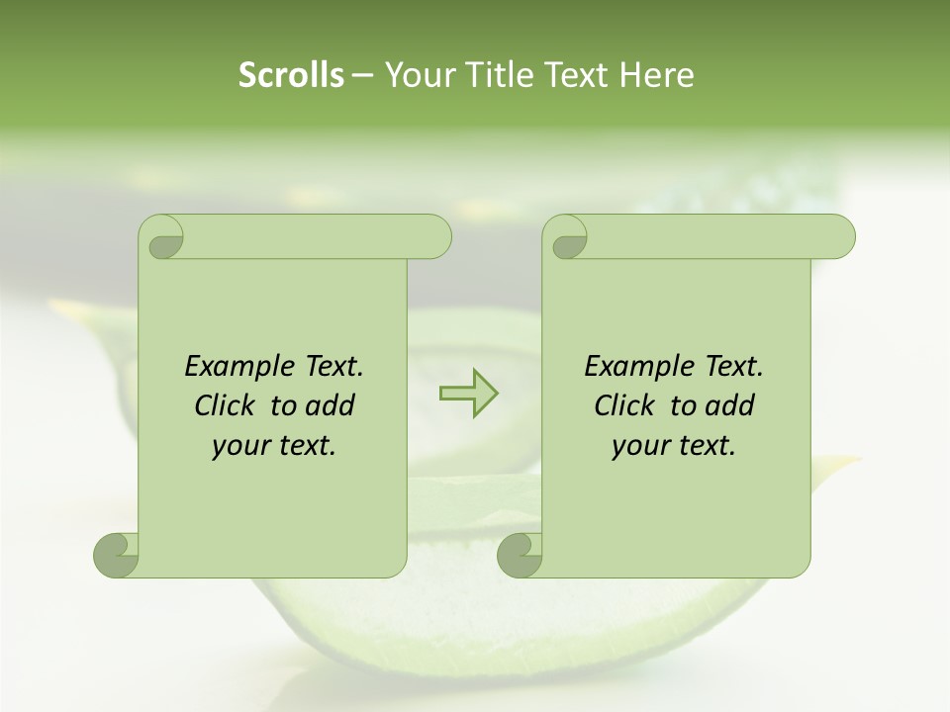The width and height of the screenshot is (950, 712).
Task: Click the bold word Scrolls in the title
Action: pyautogui.click(x=292, y=75)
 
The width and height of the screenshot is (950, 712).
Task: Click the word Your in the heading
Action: pyautogui.click(x=416, y=75)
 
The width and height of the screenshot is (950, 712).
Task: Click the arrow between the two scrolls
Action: pyautogui.click(x=468, y=393)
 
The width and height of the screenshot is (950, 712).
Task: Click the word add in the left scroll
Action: pyautogui.click(x=331, y=405)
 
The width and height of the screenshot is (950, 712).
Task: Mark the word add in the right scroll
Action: pyautogui.click(x=730, y=405)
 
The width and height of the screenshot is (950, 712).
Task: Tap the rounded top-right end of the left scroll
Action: pyautogui.click(x=436, y=236)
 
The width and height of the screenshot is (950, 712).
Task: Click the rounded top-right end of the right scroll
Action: pyautogui.click(x=840, y=236)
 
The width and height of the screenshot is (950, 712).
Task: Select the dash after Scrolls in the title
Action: pyautogui.click(x=362, y=76)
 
